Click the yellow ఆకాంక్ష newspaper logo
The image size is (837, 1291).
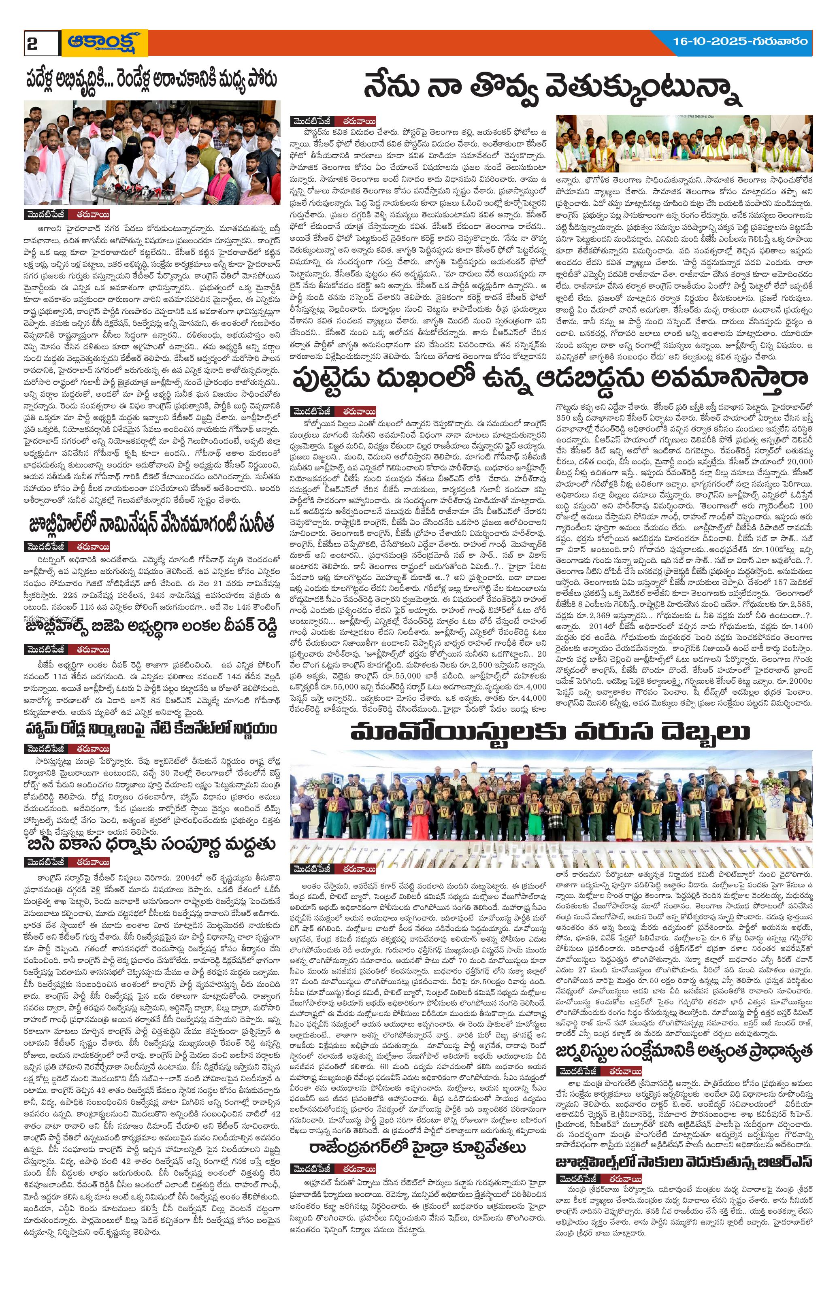coord(105,43)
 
